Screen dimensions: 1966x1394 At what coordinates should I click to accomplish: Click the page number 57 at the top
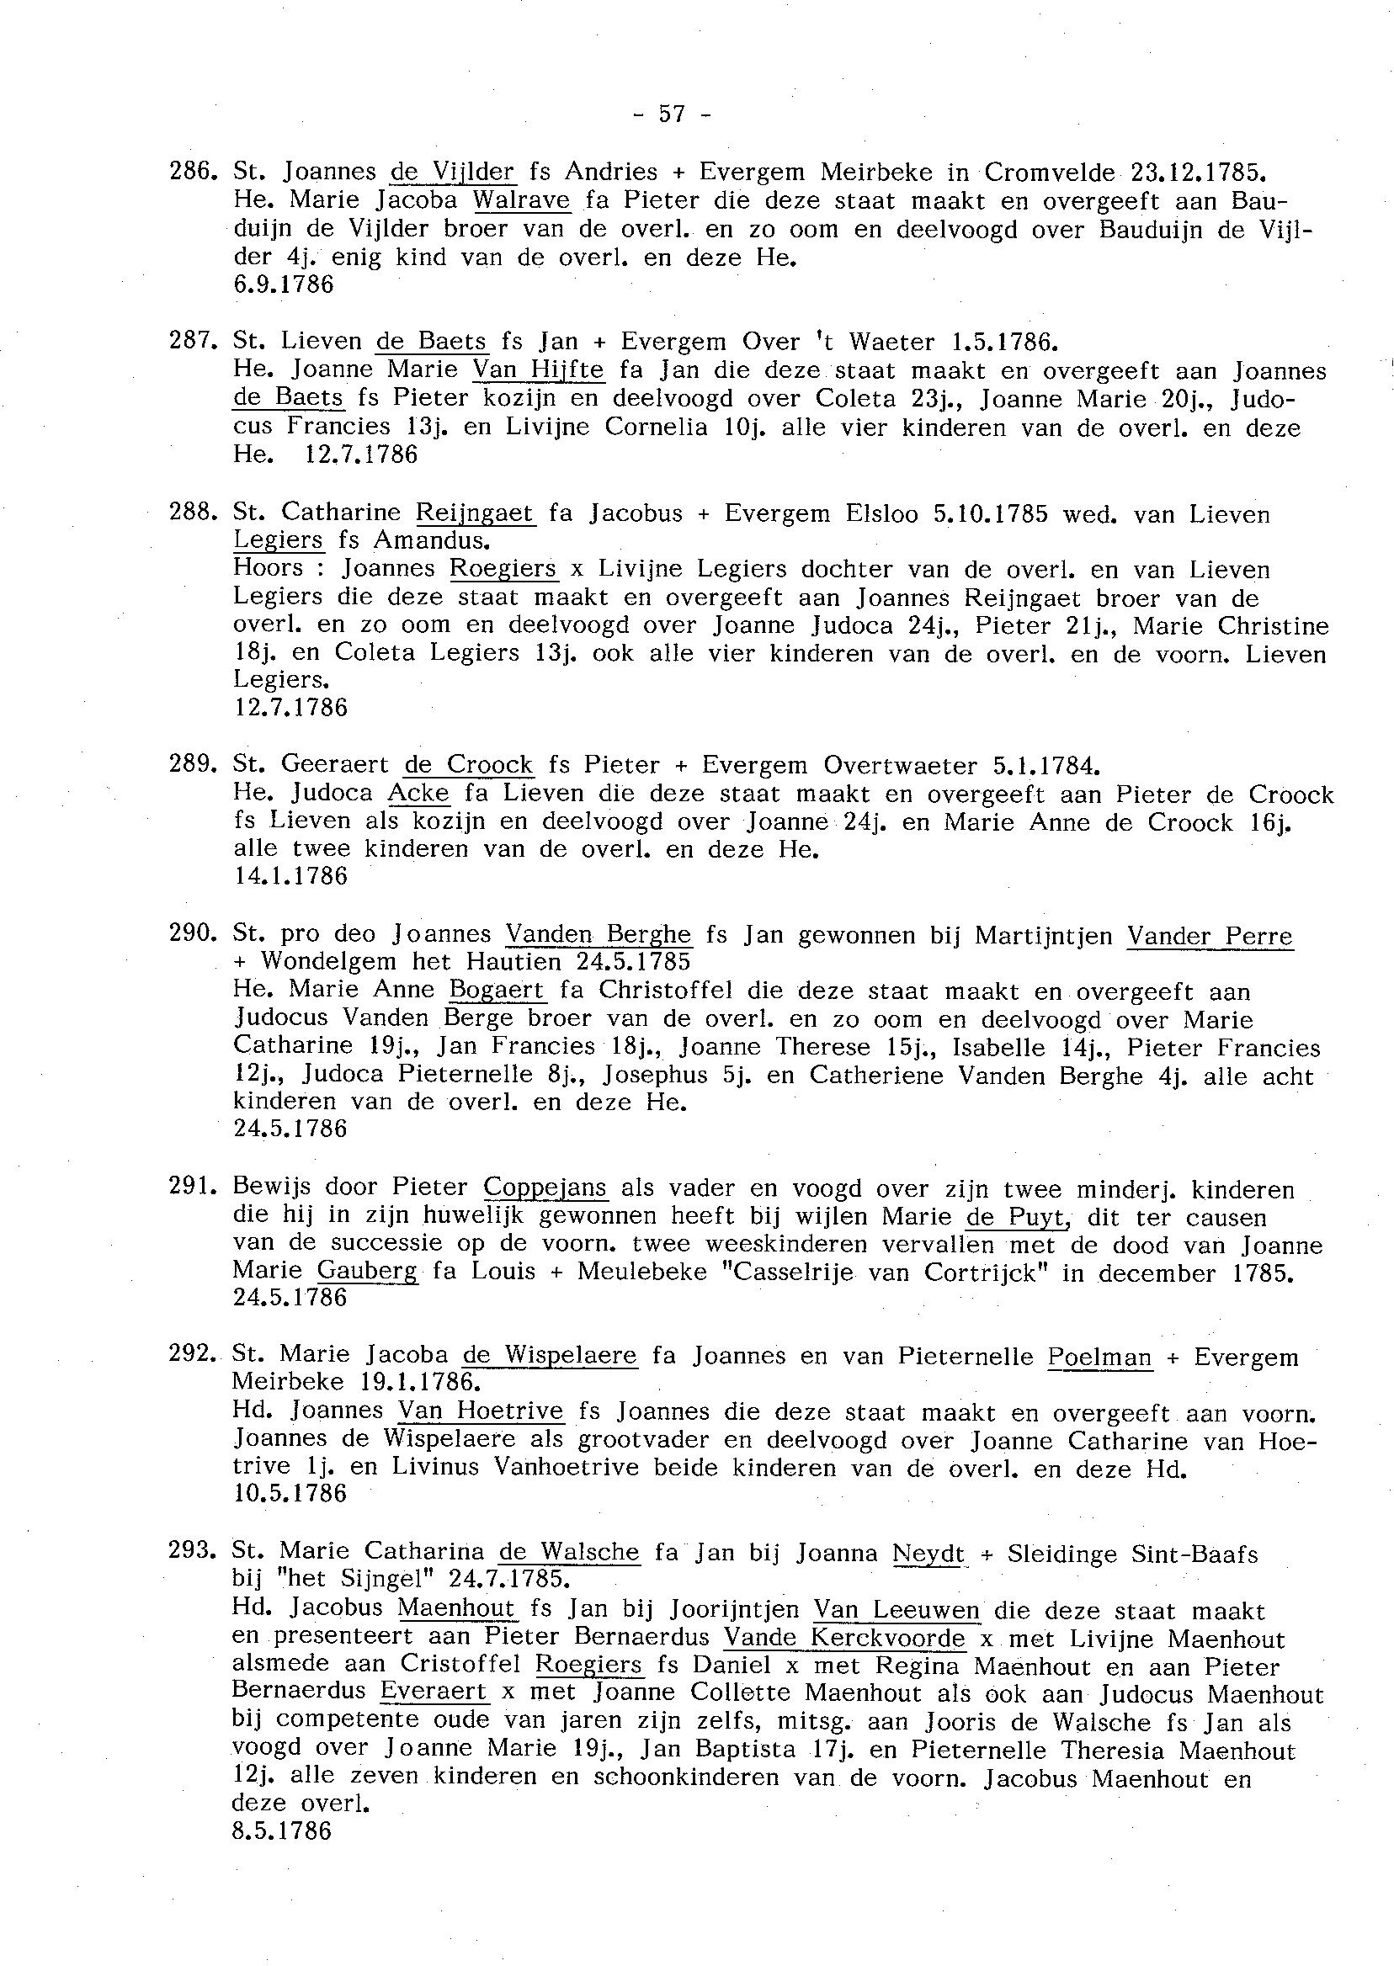tap(671, 114)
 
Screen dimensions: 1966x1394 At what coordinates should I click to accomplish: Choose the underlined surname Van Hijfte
tap(539, 370)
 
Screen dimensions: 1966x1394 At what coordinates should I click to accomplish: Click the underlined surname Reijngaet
tap(475, 513)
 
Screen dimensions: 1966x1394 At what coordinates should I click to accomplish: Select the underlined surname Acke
tap(419, 794)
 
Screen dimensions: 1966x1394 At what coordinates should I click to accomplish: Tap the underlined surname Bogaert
tap(497, 991)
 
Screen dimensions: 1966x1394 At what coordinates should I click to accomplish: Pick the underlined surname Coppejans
tap(545, 1188)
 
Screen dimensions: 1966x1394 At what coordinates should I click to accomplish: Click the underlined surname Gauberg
tap(367, 1272)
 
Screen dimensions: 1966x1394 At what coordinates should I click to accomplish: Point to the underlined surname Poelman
tap(1099, 1357)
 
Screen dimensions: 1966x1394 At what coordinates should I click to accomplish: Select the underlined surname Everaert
tap(433, 1692)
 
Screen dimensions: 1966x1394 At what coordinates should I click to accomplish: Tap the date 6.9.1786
tap(284, 285)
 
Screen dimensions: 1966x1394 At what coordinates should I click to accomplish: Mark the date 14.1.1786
tap(290, 876)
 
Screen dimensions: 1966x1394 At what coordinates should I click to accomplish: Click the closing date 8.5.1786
tap(281, 1832)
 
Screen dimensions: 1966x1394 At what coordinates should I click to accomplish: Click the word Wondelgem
tap(329, 961)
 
